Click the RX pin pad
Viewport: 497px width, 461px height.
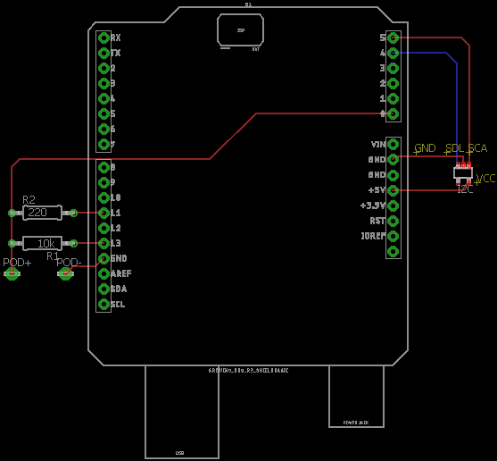coord(104,38)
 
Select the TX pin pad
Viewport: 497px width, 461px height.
coord(104,53)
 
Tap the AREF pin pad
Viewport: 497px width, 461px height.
coord(104,273)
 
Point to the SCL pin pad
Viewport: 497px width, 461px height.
coord(104,304)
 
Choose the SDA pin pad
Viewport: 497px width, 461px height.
coord(104,289)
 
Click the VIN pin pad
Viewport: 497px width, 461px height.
coord(393,144)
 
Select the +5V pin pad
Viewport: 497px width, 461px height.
coord(393,190)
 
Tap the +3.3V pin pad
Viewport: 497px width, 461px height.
coord(393,205)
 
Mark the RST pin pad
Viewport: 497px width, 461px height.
coord(393,221)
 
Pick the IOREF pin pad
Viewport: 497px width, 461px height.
coord(393,236)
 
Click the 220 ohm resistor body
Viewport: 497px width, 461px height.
coord(42,213)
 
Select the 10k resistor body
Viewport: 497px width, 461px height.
coord(42,243)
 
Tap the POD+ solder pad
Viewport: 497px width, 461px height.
coord(12,273)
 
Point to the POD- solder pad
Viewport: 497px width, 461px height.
coord(65,273)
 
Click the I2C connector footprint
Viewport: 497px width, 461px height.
coord(463,172)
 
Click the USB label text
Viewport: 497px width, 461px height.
coord(179,452)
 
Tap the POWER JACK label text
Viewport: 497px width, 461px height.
coord(355,422)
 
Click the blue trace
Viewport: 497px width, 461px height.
coord(459,107)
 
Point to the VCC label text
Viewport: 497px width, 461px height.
coord(485,179)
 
